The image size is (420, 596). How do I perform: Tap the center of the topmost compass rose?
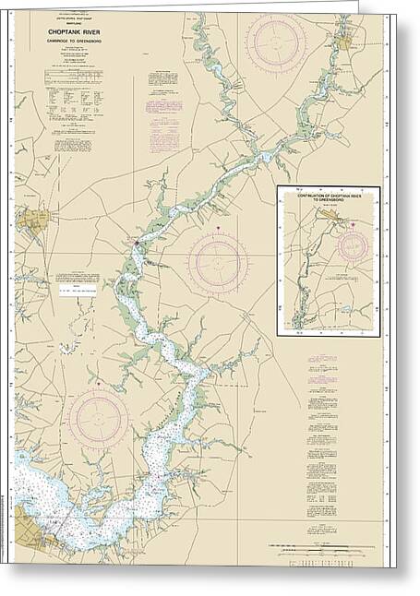coord(276,42)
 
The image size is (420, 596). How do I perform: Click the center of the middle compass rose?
coord(218,263)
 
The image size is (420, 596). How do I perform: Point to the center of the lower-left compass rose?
coord(98,418)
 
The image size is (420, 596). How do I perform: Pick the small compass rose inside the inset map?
coord(353,245)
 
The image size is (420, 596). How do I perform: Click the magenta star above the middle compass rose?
coord(218,227)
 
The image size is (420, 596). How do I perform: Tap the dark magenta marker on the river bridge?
coord(137,244)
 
